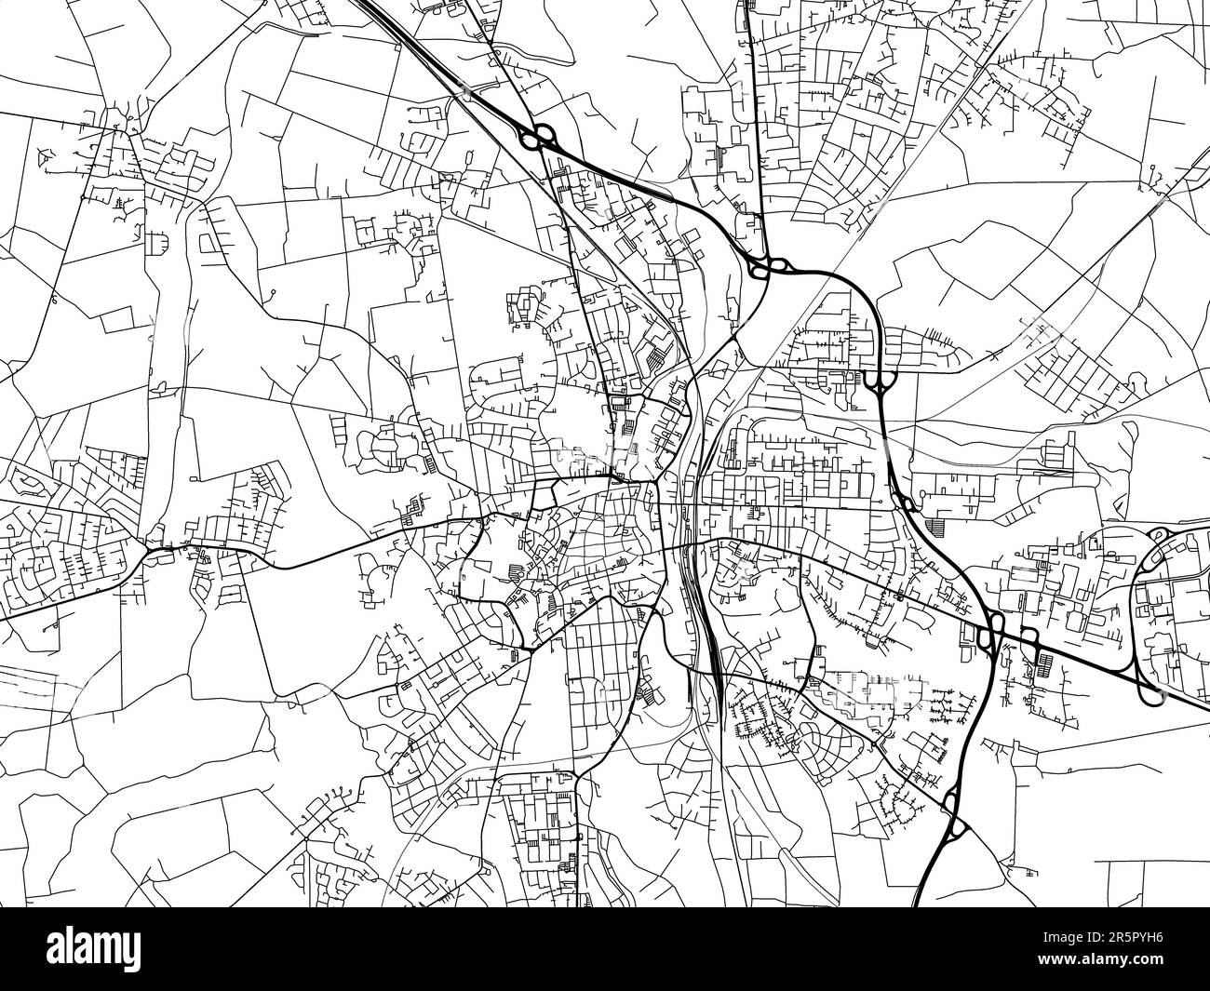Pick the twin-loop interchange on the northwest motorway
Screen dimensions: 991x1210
[x=538, y=139]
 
